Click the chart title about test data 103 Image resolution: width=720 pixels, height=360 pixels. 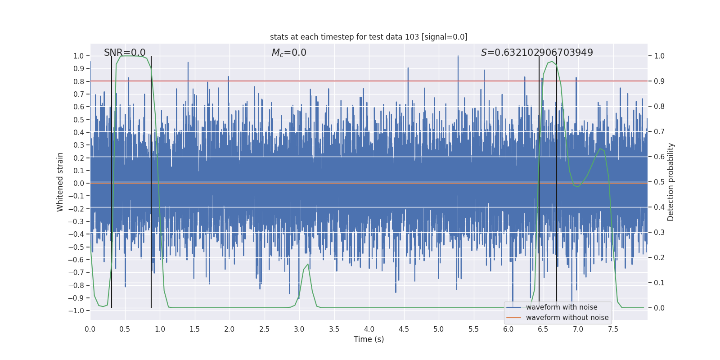pos(369,37)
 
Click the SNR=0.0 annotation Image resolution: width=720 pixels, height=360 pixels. pos(125,53)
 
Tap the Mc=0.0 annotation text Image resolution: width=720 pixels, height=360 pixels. pos(289,53)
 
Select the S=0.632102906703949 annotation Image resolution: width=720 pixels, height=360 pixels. pos(537,53)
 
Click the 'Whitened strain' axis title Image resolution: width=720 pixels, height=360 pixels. pos(60,182)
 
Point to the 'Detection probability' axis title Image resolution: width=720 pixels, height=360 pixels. pos(671,182)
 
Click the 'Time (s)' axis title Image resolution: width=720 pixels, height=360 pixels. pos(369,339)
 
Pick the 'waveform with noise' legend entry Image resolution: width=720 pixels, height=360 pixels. pos(561,307)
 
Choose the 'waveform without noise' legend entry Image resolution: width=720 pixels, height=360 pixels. pos(567,318)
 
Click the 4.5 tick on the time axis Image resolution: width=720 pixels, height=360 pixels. pos(404,329)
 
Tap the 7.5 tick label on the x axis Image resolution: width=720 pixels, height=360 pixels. pos(613,329)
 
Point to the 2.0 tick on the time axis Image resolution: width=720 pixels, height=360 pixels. pos(229,329)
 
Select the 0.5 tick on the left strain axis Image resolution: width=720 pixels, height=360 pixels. pos(78,120)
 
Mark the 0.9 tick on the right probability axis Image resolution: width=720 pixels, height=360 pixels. pos(659,81)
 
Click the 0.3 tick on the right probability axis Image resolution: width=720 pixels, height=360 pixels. pos(659,233)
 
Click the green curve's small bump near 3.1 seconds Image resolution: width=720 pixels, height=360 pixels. pos(308,265)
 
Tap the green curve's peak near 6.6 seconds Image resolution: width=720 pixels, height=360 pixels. pos(552,62)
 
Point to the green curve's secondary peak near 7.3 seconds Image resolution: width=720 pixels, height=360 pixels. pos(600,149)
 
